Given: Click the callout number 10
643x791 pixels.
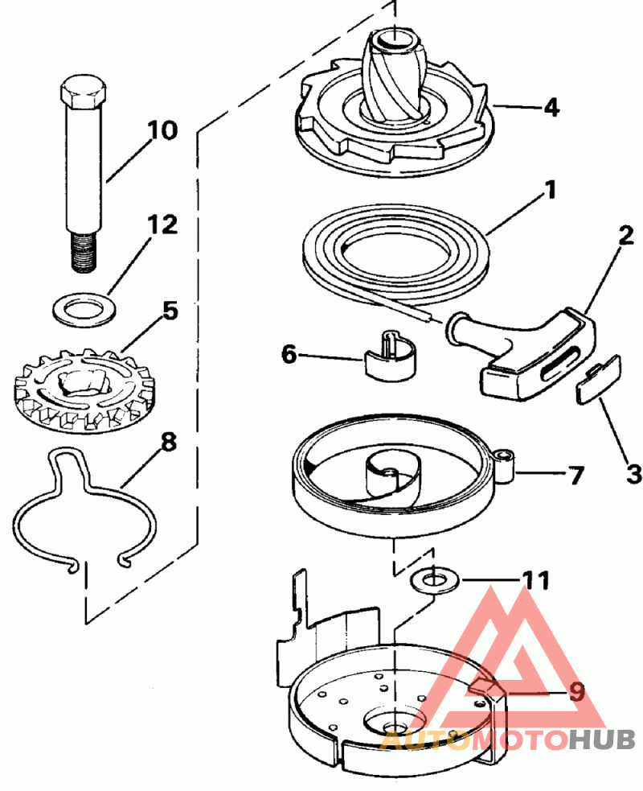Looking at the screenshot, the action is tap(162, 130).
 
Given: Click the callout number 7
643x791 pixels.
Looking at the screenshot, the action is tap(575, 475).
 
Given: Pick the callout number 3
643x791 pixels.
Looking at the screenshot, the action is tap(634, 473).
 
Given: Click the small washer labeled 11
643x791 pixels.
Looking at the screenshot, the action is tap(435, 579).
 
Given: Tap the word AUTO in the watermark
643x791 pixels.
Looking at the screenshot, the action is tap(425, 739).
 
